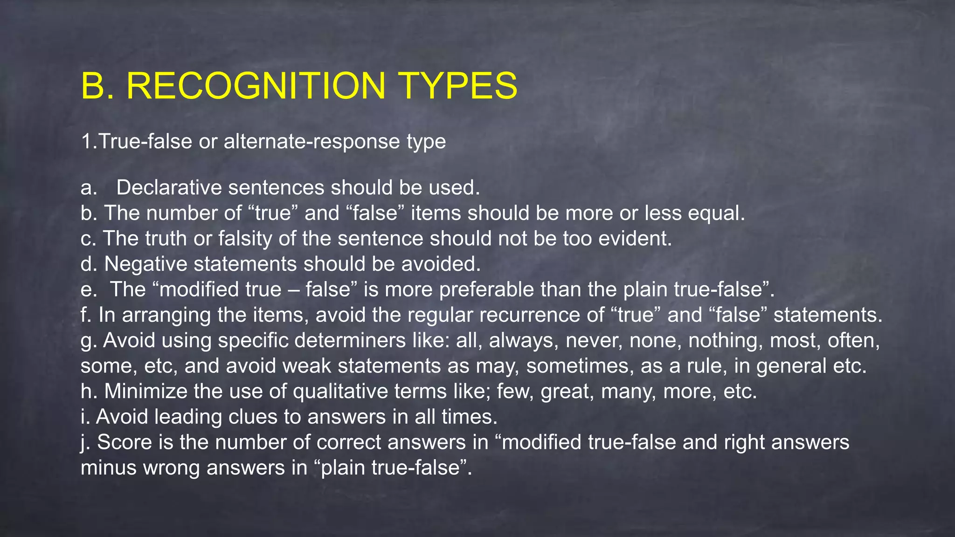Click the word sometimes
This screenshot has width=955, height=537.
coord(580,366)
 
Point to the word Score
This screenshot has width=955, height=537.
coord(125,442)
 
